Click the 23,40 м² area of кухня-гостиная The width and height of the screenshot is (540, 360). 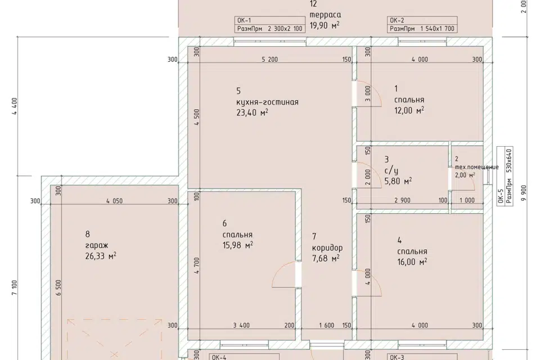252,112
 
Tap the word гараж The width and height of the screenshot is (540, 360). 97,245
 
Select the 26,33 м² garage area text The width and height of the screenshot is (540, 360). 101,256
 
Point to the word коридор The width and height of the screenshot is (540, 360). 327,247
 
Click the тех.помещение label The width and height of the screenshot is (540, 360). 476,167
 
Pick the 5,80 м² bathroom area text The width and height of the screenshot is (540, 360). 398,181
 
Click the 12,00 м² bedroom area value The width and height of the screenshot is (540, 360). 409,110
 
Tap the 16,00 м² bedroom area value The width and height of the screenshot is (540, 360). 412,262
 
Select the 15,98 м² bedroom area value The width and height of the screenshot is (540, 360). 238,245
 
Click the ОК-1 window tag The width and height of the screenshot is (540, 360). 244,20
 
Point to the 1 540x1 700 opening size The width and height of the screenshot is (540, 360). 438,29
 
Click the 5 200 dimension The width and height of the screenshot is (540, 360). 269,60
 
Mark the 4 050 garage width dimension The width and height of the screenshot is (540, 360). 114,201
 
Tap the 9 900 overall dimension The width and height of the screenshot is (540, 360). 524,193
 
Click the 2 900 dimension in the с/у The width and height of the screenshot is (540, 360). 402,200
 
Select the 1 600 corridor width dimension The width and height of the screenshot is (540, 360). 326,325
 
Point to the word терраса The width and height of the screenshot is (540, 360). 326,15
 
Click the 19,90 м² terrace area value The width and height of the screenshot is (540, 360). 325,25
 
